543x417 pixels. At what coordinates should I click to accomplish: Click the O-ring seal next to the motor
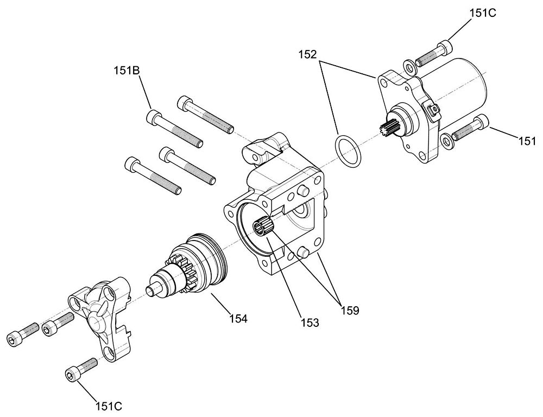(348, 150)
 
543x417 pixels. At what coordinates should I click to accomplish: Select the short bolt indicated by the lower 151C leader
(81, 369)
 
